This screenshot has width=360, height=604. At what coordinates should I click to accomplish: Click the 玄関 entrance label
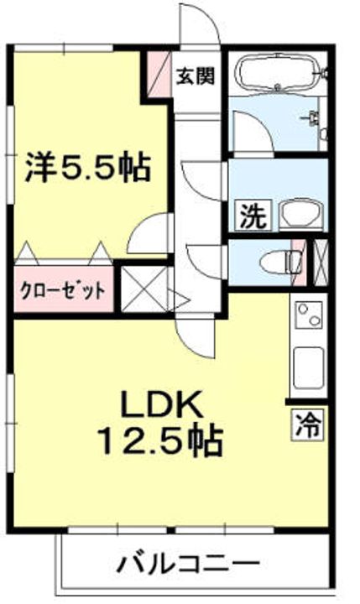(x=194, y=75)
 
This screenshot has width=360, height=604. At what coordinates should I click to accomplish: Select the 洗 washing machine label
(x=251, y=216)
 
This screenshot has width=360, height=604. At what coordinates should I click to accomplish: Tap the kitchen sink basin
(x=308, y=365)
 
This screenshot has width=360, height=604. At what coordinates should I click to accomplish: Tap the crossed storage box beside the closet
(x=143, y=289)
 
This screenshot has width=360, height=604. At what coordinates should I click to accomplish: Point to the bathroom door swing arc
(x=250, y=134)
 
